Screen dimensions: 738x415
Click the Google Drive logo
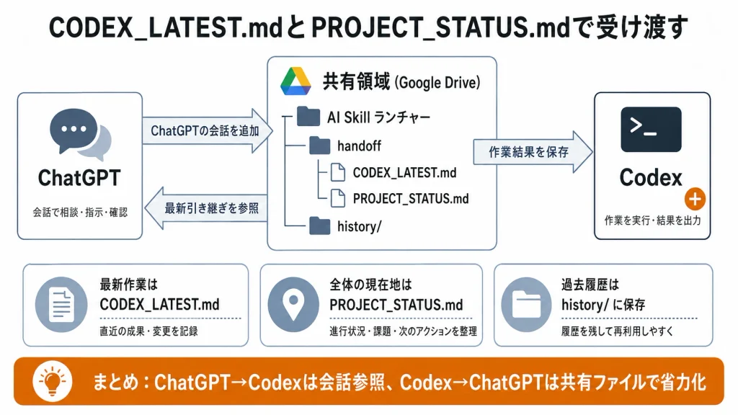tap(295, 81)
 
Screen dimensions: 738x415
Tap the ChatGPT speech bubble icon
tap(80, 135)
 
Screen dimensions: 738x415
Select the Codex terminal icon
tap(651, 130)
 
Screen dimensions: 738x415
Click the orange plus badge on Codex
tap(695, 199)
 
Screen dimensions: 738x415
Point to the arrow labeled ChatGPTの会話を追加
tap(208, 130)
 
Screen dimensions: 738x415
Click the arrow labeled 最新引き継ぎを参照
tap(205, 208)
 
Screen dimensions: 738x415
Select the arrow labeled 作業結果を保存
tap(533, 152)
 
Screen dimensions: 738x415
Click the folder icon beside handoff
tap(319, 146)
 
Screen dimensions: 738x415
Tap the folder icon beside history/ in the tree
tap(319, 226)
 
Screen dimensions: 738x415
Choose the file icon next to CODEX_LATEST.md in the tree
tap(337, 173)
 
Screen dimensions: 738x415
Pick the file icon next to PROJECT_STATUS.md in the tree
tap(337, 199)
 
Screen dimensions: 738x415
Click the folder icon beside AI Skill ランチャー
tap(308, 117)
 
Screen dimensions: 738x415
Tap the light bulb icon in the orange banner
tap(52, 381)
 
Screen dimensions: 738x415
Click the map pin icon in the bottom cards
tap(293, 305)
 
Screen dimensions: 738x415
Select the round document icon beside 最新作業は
tap(61, 305)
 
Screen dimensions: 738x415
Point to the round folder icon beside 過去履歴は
tap(526, 305)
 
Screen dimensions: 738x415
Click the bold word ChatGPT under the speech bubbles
tap(79, 178)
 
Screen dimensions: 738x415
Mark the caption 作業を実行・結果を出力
tap(652, 220)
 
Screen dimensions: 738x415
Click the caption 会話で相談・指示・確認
tap(80, 213)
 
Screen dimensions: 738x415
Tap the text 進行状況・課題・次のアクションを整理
tap(403, 331)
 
